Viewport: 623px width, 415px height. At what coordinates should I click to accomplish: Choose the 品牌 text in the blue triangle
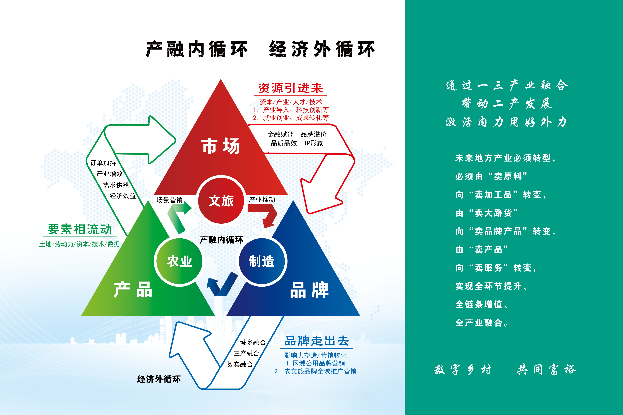pyautogui.click(x=309, y=290)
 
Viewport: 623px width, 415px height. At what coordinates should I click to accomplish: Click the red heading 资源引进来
pyautogui.click(x=291, y=88)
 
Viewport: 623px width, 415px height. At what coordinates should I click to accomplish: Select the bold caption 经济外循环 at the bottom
pyautogui.click(x=159, y=379)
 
